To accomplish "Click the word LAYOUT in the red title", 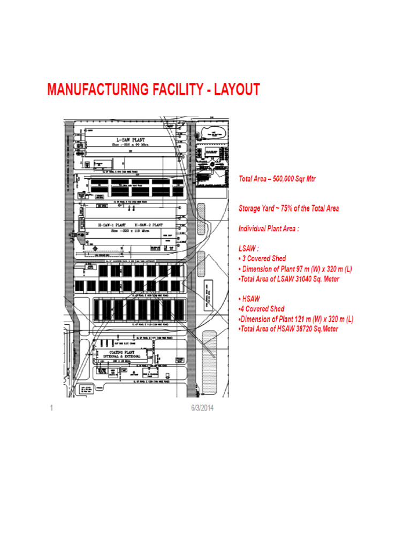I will [237, 90].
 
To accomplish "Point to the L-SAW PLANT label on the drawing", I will [127, 139].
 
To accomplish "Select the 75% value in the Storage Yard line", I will [290, 208].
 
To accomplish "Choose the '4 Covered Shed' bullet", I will [263, 309].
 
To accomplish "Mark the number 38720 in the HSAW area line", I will [305, 329].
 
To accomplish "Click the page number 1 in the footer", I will [51, 408].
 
